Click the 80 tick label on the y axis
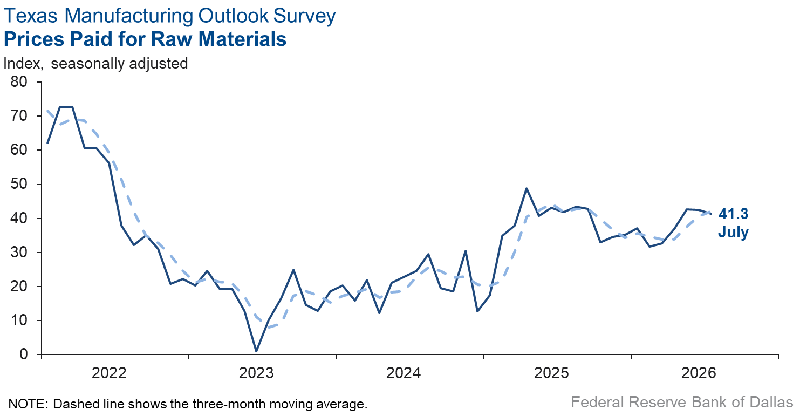point(19,82)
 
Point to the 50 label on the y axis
point(19,184)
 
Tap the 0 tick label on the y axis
point(24,354)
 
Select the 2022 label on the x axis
point(109,373)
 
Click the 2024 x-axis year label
point(404,373)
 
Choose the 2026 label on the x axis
point(699,373)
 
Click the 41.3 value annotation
point(733,214)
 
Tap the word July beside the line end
point(733,233)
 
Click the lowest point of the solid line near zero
point(256,351)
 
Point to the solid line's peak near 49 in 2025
point(527,188)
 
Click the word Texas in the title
point(30,16)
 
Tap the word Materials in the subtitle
point(243,39)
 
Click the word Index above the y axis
point(23,64)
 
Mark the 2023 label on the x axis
point(256,373)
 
